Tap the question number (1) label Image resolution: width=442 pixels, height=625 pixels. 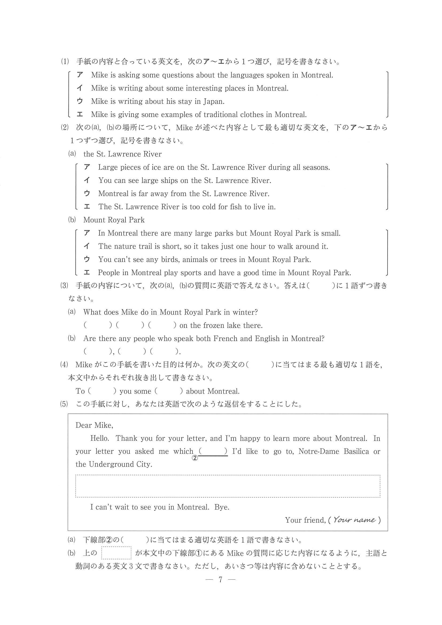(x=65, y=62)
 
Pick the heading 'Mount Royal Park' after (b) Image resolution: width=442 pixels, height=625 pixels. (x=114, y=220)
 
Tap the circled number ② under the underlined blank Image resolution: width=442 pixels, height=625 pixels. (x=195, y=458)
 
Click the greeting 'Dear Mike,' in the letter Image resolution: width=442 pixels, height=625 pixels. (x=94, y=425)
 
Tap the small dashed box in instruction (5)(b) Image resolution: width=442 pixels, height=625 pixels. (x=116, y=553)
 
